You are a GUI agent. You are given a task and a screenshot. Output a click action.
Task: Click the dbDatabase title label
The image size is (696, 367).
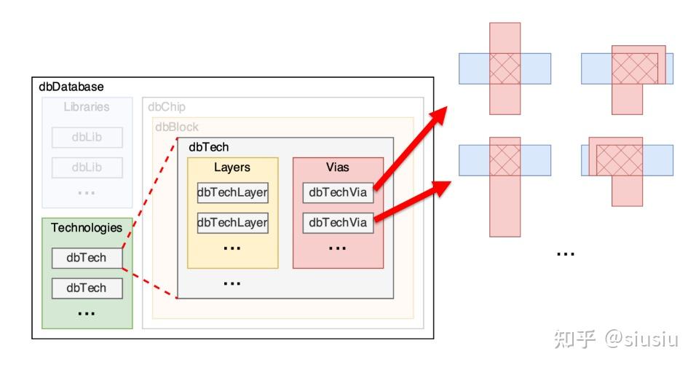71,87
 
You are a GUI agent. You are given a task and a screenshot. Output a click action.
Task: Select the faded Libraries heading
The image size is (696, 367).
87,107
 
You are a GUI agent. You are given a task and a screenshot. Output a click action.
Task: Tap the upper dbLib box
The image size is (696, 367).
87,138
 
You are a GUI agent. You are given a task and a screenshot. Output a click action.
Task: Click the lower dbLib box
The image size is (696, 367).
87,167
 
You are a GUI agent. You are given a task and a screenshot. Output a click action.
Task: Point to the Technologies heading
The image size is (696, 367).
87,228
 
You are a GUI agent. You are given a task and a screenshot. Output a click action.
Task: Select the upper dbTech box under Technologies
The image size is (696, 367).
87,258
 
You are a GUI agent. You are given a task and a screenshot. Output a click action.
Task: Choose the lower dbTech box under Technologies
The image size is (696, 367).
87,288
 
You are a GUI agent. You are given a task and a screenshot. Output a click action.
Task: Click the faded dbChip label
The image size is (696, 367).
167,107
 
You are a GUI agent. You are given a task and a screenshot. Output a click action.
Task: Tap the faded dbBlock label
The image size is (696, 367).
177,127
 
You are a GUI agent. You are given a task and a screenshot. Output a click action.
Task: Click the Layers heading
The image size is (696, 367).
232,167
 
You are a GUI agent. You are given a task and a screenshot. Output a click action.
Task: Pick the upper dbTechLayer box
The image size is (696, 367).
232,192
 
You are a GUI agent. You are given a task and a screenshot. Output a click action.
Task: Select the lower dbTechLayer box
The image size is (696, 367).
232,223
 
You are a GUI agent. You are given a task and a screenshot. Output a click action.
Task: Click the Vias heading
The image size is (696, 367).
338,167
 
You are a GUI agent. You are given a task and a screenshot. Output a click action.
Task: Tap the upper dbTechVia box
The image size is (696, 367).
339,192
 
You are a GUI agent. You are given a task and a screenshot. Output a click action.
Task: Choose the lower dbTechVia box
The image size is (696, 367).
339,223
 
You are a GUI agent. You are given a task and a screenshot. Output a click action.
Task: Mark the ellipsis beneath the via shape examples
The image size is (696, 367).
566,254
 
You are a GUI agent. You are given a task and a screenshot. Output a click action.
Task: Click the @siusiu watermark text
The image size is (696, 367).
642,339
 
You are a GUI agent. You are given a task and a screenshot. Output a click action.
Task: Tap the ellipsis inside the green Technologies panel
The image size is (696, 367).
86,314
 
